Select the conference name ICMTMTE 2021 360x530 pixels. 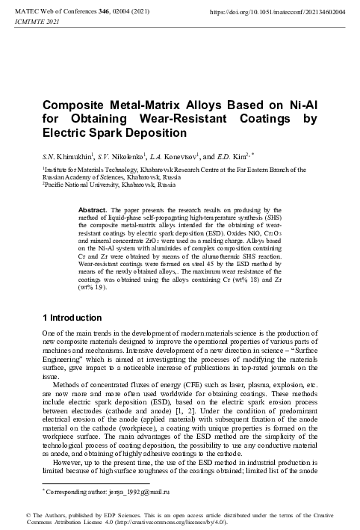[28, 22]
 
